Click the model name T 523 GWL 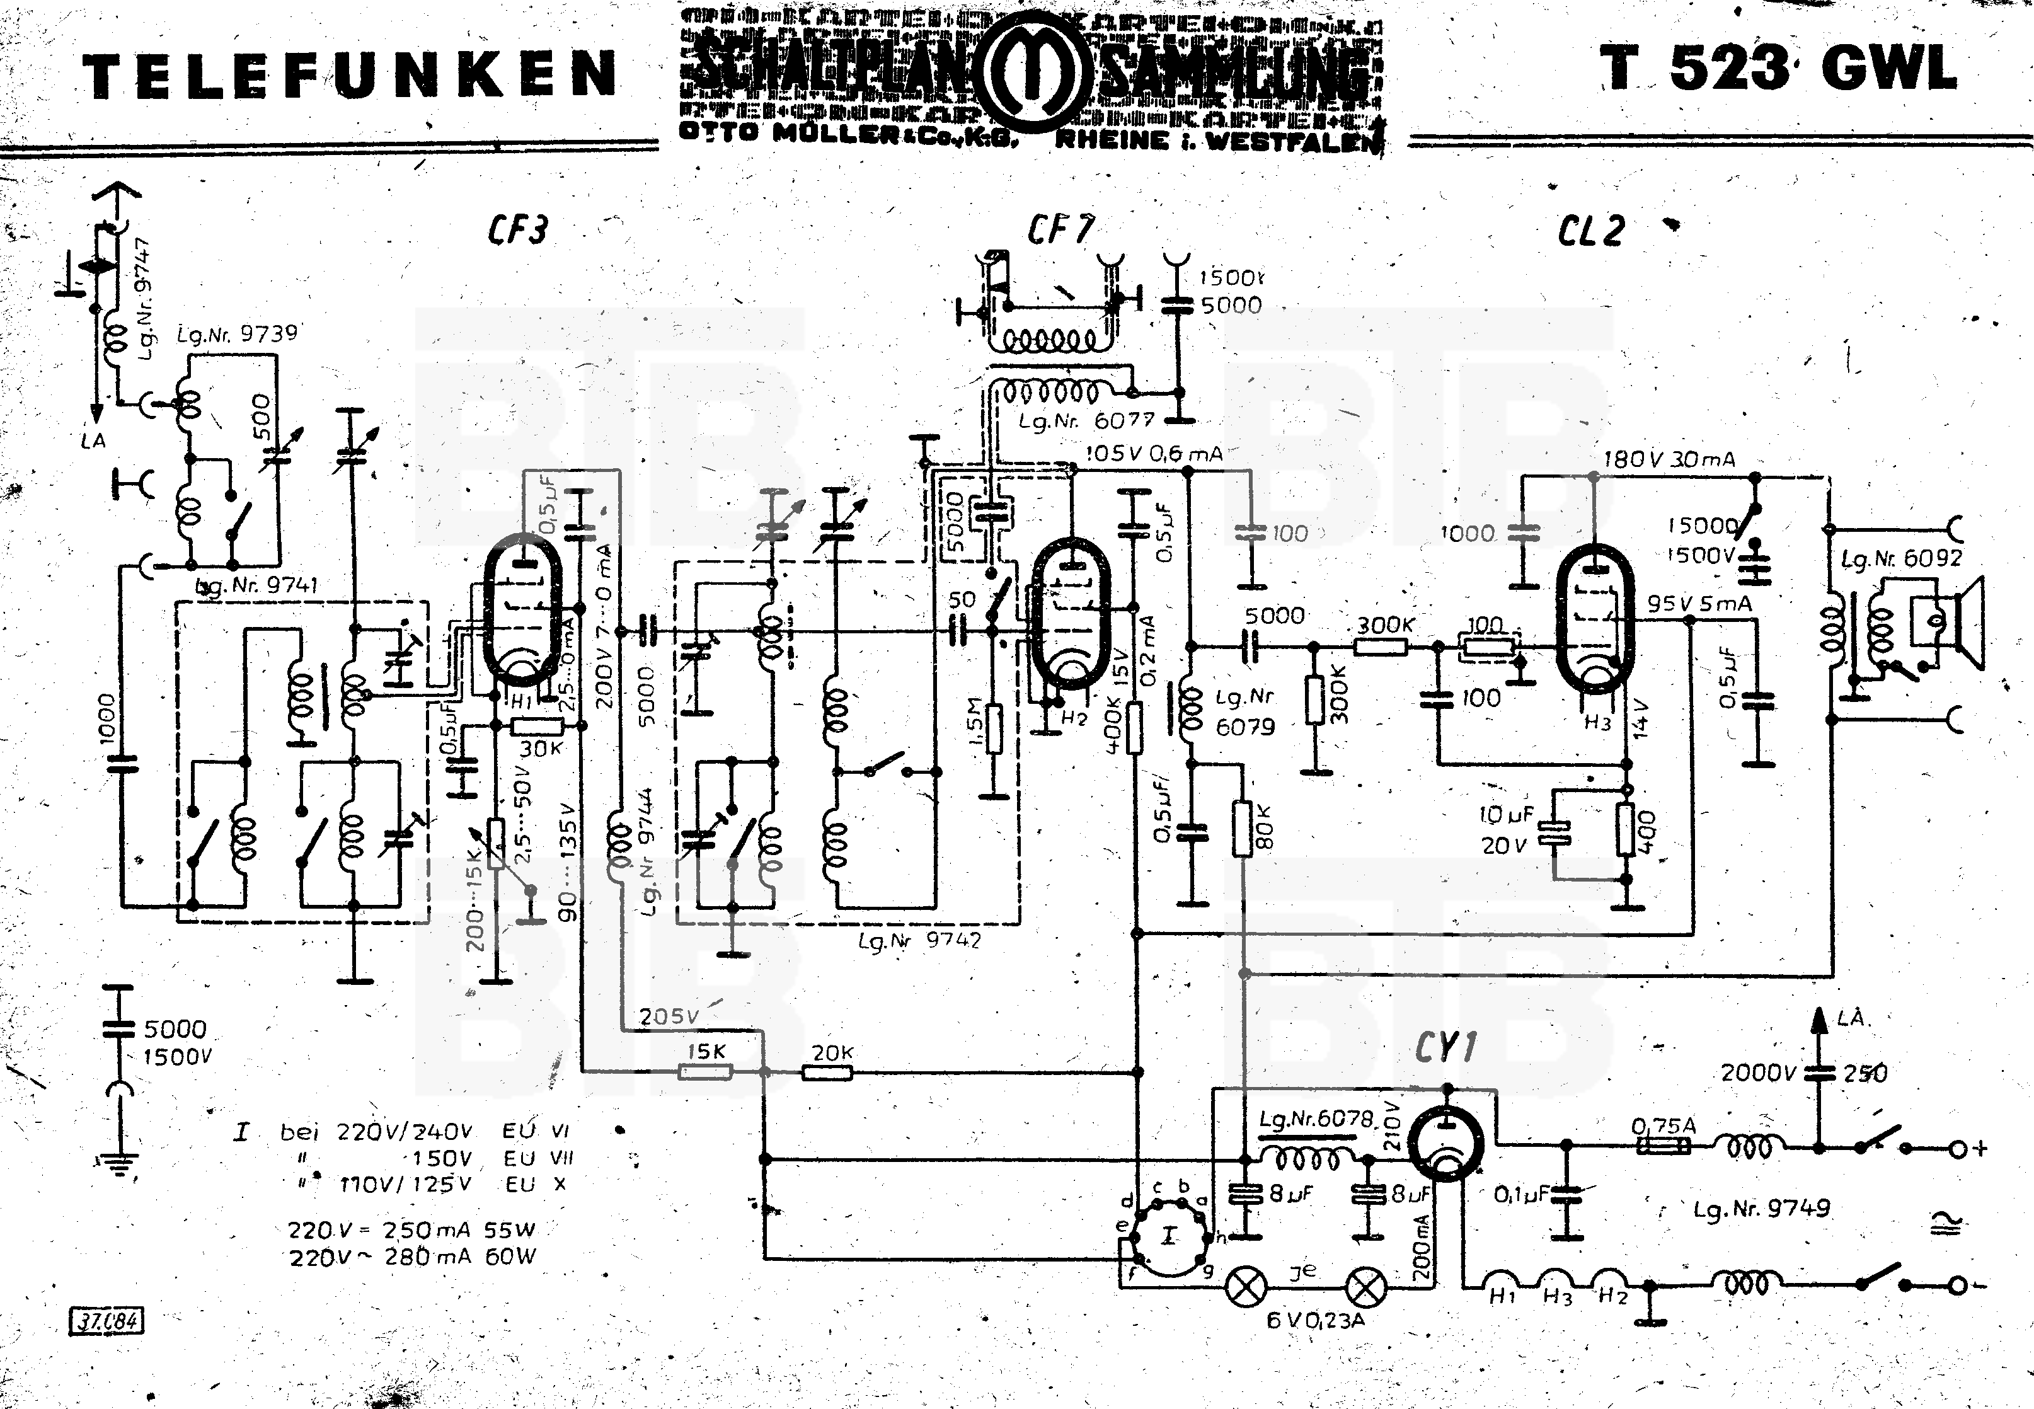click(x=1778, y=69)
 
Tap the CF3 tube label click(x=517, y=231)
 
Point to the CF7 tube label click(x=1059, y=231)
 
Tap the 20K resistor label click(x=832, y=1052)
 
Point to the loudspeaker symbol click(x=1946, y=623)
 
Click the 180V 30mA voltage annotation click(x=1669, y=460)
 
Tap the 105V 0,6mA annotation click(x=1153, y=454)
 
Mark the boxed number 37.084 click(x=106, y=1321)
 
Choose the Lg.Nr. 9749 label click(x=1761, y=1208)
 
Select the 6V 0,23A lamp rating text click(x=1316, y=1321)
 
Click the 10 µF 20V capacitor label click(x=1506, y=829)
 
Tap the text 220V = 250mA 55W click(x=411, y=1230)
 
